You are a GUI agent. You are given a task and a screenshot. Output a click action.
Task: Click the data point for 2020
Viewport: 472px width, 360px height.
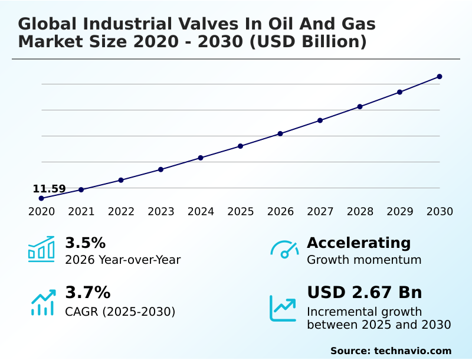coord(41,198)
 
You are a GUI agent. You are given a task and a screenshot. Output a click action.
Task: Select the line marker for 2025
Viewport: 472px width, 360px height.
coord(240,146)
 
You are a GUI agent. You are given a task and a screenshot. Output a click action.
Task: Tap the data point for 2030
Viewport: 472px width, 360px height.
coord(440,77)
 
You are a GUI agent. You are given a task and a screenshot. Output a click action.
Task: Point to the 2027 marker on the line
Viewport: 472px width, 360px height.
coord(320,120)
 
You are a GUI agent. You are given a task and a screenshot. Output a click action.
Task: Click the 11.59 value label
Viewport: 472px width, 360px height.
coord(49,189)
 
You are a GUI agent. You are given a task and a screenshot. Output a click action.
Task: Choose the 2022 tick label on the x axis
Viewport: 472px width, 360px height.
coord(121,212)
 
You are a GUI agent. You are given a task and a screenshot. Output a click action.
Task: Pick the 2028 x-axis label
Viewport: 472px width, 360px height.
coord(360,212)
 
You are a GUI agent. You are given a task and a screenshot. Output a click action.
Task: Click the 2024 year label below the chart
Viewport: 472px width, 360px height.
coord(201,212)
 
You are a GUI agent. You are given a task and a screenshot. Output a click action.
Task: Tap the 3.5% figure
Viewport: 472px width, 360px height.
coord(85,243)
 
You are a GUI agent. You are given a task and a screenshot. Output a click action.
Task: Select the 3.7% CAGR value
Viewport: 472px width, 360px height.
coord(87,293)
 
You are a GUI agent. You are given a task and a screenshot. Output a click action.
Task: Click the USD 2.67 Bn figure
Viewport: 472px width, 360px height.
coord(365,293)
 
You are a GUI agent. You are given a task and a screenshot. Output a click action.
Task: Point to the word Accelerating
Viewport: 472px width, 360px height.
coord(359,243)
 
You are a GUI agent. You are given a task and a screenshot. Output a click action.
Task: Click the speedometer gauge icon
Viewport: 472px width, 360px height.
coord(284,250)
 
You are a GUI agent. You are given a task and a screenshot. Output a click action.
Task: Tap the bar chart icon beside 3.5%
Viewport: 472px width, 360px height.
coord(41,249)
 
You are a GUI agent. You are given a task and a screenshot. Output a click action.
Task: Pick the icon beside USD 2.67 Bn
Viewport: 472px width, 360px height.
coord(283,308)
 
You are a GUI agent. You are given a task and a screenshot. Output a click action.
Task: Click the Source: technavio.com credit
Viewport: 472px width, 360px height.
coord(391,351)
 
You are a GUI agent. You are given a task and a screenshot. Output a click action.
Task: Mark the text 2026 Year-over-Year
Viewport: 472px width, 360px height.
coord(123,260)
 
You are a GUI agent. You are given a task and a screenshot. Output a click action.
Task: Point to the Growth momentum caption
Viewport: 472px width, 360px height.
coord(364,260)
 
